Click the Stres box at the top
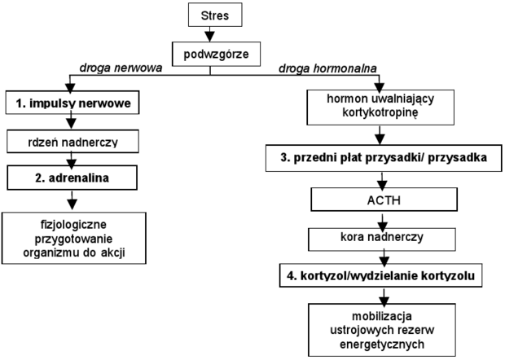point(215,15)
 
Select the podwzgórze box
point(216,54)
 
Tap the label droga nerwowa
point(121,68)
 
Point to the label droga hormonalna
point(327,68)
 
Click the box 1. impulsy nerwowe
point(72,103)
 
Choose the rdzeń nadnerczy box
point(72,142)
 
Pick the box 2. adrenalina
point(72,178)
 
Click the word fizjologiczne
point(73,224)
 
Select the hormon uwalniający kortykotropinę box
point(380,108)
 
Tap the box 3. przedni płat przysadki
point(384,158)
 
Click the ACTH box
point(384,200)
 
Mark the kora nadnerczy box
point(382,239)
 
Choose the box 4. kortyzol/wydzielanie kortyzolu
point(380,275)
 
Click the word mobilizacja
point(382,316)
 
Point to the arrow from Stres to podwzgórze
point(209,34)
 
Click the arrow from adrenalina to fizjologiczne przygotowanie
point(72,200)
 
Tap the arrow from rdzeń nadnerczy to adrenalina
point(71,160)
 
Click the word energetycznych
point(382,345)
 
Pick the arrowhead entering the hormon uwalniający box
point(380,87)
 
